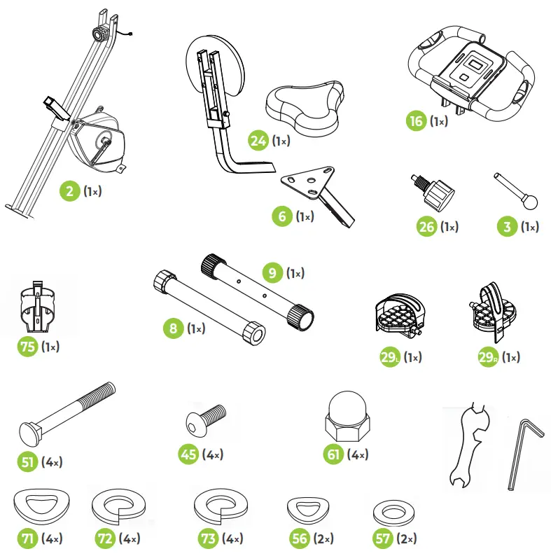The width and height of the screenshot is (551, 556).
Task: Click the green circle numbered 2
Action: click(x=69, y=190)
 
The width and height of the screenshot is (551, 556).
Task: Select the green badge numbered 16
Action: click(x=417, y=121)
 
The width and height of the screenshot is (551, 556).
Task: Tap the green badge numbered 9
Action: click(x=273, y=272)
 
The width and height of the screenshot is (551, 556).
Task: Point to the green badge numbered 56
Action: click(x=300, y=538)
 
